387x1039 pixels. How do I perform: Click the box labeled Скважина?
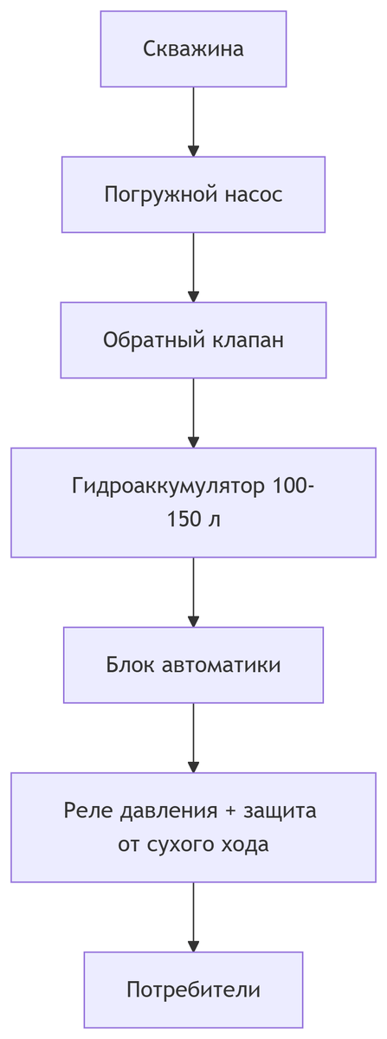point(193,48)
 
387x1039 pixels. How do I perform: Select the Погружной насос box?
point(193,194)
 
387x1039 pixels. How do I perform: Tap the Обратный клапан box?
point(193,340)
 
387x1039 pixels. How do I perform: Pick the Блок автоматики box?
point(193,665)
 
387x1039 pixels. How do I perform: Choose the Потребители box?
point(193,990)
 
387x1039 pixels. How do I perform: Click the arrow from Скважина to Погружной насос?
point(193,121)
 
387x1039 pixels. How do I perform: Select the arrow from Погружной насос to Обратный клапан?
point(193,267)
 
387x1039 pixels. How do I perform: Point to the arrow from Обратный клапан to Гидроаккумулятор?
point(193,412)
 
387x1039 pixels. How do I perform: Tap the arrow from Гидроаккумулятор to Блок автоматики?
point(193,591)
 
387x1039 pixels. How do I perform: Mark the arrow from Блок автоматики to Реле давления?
point(193,737)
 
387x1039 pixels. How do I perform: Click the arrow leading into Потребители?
point(193,916)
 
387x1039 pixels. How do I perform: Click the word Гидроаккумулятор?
point(168,486)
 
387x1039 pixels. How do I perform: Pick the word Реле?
point(83,811)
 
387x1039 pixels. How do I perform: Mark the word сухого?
point(175,844)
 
